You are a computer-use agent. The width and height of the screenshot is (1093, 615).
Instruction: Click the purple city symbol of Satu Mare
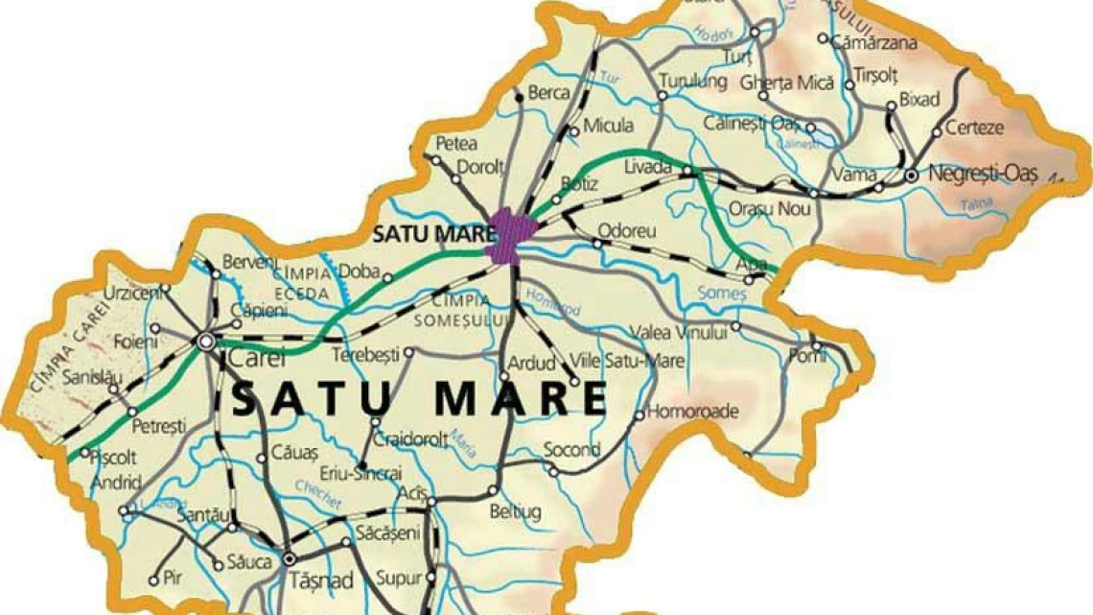[506, 236]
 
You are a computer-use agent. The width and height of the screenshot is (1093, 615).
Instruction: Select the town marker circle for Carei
[205, 340]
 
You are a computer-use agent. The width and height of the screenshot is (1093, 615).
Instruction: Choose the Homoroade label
[693, 413]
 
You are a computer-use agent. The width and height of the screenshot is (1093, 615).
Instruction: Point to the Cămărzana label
[873, 42]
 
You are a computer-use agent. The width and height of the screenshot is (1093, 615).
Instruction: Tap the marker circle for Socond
[551, 469]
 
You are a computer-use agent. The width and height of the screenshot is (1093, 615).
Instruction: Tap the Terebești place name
[363, 355]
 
